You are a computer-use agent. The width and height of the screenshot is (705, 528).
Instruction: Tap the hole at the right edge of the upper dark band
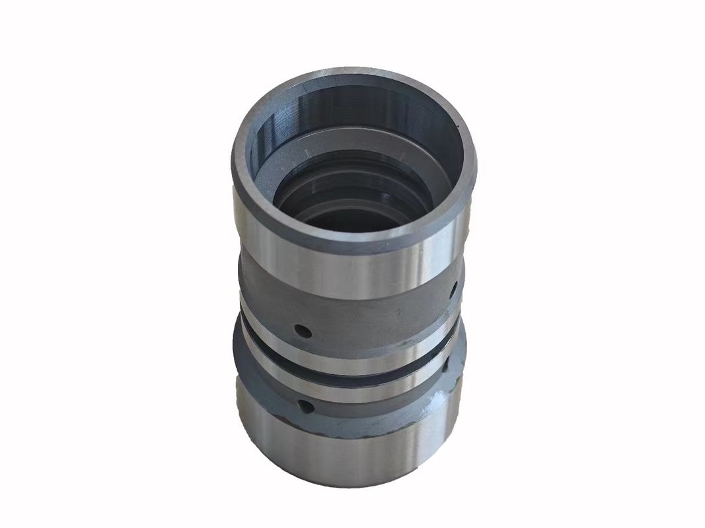(x=454, y=288)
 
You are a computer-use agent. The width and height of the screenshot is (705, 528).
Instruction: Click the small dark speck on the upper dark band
(x=396, y=310)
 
